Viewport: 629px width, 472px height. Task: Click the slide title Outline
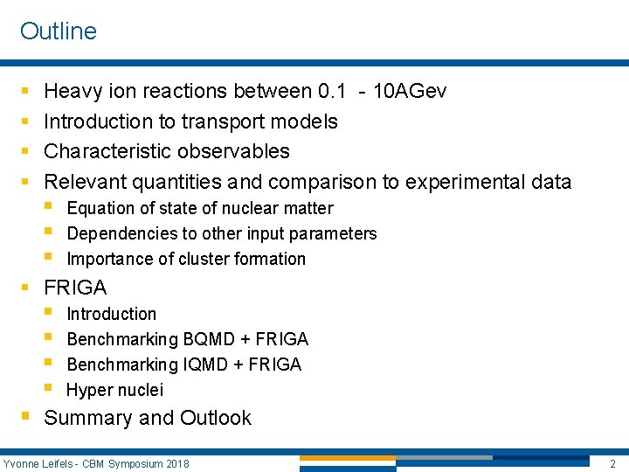click(x=58, y=31)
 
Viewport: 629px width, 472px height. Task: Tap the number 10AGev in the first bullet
click(x=409, y=91)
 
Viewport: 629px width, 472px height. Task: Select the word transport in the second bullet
click(x=220, y=121)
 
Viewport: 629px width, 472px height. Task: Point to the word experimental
click(x=456, y=182)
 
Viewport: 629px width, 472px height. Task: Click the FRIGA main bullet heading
click(x=75, y=288)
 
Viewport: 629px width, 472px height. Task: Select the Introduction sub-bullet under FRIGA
click(x=112, y=314)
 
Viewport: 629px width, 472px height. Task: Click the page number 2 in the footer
click(x=612, y=462)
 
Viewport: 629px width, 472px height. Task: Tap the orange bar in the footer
click(x=347, y=458)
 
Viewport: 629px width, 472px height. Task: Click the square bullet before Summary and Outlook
click(x=25, y=417)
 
